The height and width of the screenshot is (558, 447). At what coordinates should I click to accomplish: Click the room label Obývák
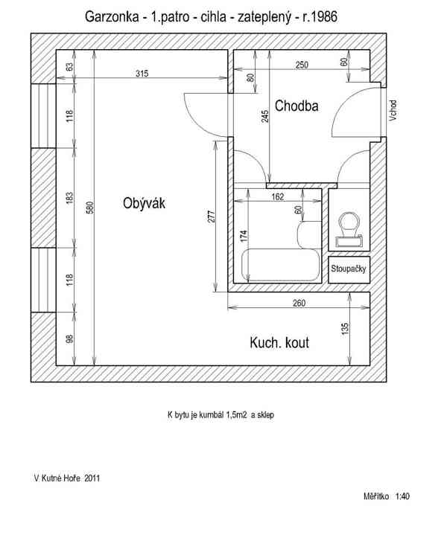144,203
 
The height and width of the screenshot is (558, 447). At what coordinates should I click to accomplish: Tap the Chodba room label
297,106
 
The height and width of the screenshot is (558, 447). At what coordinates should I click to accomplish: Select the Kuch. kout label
279,342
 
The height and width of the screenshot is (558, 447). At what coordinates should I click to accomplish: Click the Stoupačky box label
349,269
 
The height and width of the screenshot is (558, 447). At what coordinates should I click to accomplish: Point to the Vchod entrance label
393,110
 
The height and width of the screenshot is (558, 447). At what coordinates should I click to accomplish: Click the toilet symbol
349,230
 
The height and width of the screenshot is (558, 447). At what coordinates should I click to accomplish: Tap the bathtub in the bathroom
281,265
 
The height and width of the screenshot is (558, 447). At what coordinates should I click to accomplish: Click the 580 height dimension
90,208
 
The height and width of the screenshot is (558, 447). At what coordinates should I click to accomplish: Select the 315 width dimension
142,74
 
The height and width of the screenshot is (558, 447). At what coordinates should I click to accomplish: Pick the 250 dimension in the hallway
302,65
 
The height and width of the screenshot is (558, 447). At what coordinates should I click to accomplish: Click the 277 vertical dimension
212,217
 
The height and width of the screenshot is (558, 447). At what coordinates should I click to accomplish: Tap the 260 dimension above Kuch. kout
299,303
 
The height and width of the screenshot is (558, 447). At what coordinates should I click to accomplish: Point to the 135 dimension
345,328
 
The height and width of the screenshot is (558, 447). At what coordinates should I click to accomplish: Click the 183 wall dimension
69,198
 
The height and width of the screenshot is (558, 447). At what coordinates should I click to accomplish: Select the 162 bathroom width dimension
278,196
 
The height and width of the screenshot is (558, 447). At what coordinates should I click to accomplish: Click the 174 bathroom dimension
244,237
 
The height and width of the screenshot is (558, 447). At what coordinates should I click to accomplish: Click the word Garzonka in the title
112,16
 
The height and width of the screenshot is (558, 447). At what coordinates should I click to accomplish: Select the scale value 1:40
402,496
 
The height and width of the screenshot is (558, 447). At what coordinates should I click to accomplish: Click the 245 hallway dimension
265,116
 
